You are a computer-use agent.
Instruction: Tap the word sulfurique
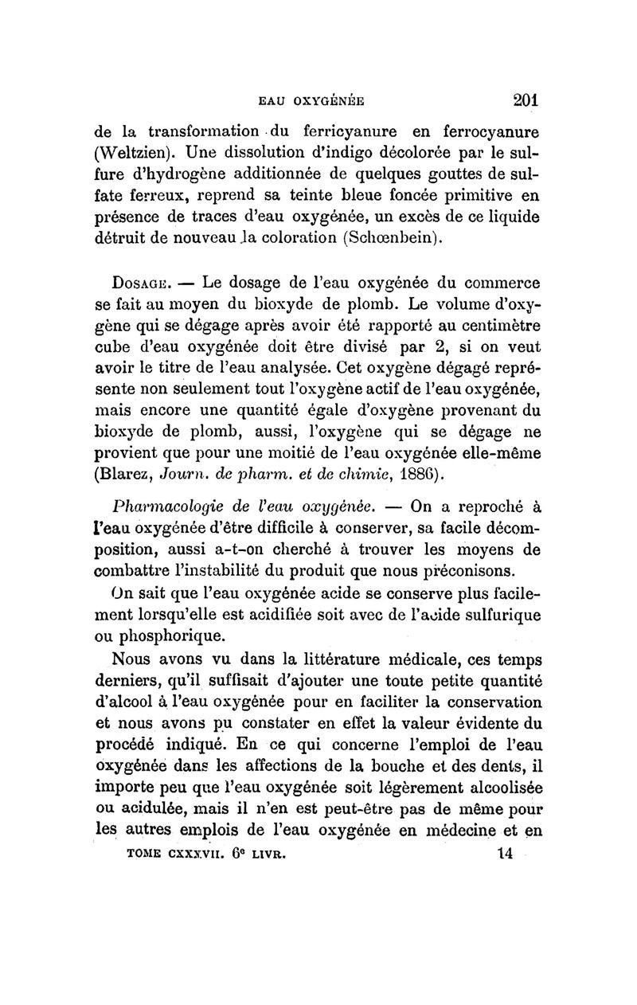click(497, 615)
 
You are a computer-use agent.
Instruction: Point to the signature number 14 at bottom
click(503, 854)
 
